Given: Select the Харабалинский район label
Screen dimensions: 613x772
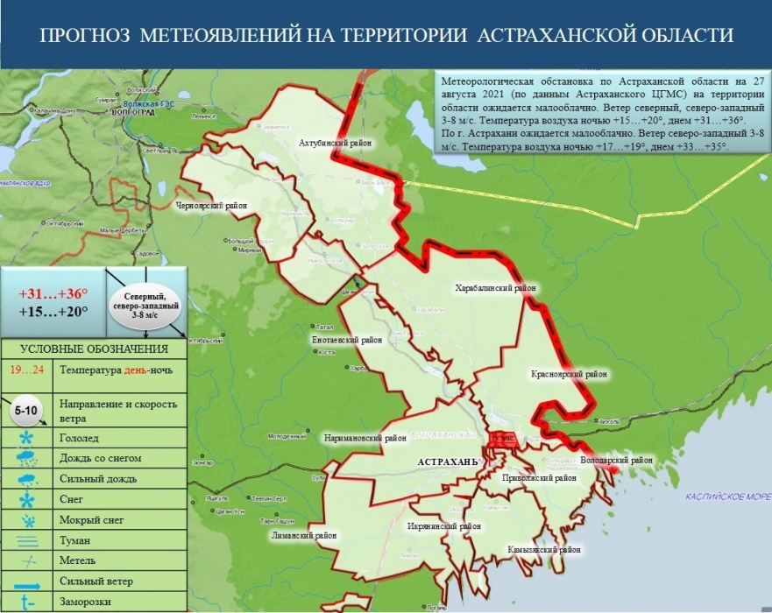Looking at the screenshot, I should [x=495, y=287].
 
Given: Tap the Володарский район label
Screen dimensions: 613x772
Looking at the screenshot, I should [x=616, y=460].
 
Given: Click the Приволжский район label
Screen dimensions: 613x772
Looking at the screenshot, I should [x=539, y=479].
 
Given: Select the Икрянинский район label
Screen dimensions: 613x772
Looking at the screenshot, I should [x=444, y=526].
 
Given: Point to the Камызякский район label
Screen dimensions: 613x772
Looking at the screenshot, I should [x=544, y=550].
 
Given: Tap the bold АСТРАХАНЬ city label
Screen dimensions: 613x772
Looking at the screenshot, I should [x=447, y=461].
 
